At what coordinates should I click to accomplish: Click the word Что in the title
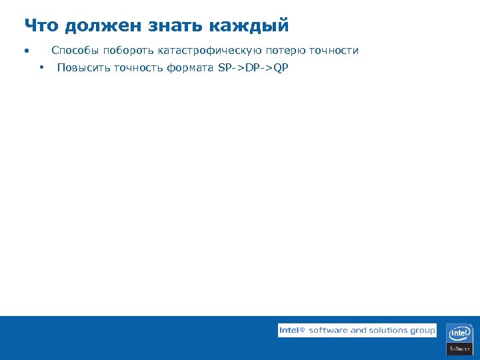[x=41, y=26]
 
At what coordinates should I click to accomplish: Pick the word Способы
[x=75, y=51]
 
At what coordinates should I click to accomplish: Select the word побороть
[x=128, y=51]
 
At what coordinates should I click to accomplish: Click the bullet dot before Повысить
[x=41, y=67]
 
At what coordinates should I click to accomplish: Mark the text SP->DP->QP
[x=253, y=68]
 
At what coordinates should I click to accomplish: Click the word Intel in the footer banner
[x=289, y=330]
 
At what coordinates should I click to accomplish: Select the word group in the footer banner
[x=423, y=331]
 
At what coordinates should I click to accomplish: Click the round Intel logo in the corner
[x=459, y=333]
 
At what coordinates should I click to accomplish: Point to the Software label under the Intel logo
[x=459, y=349]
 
